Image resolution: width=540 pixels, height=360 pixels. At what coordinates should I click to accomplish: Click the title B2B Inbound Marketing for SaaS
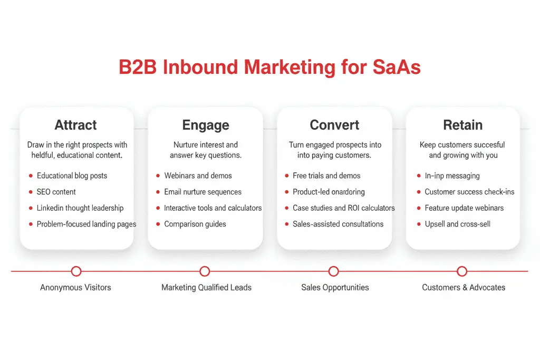point(269,68)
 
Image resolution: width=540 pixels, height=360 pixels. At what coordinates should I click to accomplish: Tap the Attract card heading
point(76,125)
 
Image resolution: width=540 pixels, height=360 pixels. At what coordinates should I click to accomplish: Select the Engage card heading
point(205,125)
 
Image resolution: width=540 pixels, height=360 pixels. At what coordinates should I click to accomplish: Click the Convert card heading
point(334,125)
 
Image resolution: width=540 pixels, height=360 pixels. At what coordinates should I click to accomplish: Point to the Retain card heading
point(462,125)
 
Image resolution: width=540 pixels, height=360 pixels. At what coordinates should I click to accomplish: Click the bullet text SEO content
point(56,192)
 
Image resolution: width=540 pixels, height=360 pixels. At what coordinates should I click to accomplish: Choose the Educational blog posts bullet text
point(73,176)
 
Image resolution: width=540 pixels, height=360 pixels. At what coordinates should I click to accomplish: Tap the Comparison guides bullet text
point(195,224)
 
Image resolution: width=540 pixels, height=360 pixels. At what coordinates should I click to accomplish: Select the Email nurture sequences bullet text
point(202,192)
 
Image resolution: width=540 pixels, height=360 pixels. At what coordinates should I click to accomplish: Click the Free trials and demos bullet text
point(326,176)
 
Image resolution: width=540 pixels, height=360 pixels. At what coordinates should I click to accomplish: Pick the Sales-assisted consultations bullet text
point(338,224)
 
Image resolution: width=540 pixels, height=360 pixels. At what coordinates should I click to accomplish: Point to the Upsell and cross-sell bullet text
point(457,224)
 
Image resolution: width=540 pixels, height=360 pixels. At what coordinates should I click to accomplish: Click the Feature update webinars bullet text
point(464,208)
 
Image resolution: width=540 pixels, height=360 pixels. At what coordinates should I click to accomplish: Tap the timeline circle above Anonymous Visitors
point(76,271)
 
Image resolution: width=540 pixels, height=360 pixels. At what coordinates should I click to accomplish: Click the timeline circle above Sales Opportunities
point(333,271)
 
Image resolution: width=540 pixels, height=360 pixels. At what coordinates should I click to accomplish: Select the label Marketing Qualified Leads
point(206,288)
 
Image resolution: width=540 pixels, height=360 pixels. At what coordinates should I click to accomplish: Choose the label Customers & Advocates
point(464,288)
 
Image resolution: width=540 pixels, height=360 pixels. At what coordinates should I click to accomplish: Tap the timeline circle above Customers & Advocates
point(462,271)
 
